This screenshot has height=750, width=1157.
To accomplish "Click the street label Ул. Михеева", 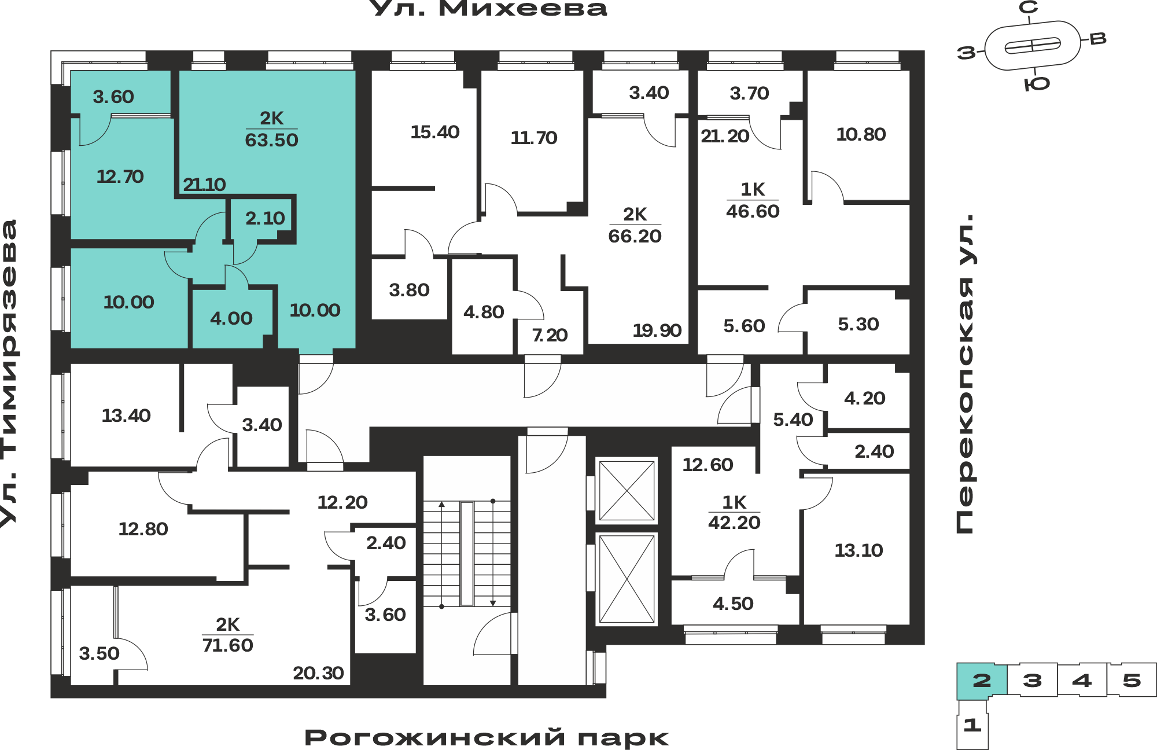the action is (488, 8).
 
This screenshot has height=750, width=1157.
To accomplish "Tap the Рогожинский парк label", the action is (487, 738).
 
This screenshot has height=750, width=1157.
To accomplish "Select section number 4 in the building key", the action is (1082, 680).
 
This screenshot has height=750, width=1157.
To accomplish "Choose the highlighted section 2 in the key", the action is (982, 681).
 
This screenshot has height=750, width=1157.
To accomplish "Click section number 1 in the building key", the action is (972, 725).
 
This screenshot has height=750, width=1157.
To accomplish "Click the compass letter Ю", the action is (1037, 84).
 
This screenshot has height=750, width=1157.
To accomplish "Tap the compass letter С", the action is (1029, 8).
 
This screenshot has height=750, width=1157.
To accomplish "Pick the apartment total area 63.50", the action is (271, 140).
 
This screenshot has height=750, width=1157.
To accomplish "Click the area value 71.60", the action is (227, 645).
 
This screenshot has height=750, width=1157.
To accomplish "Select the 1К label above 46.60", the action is (753, 189).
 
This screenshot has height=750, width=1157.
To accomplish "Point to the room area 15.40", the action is (434, 132).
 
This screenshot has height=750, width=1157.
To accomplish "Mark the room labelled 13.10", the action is (858, 550).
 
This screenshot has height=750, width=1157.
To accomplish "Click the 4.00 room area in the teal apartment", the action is (231, 318).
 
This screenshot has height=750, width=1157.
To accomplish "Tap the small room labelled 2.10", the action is (265, 218).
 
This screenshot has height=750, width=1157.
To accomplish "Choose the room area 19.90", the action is (657, 330).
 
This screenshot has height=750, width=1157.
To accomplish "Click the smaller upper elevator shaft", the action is (627, 491).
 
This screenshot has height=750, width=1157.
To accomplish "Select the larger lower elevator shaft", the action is (627, 579).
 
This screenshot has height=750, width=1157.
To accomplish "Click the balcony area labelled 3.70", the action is (749, 93).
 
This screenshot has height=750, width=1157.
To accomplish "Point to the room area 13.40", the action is (126, 416).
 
